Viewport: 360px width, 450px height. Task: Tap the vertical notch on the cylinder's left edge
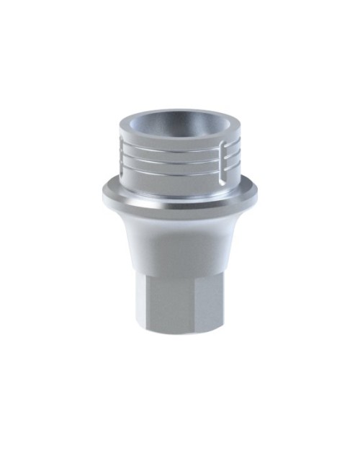click(123, 155)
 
